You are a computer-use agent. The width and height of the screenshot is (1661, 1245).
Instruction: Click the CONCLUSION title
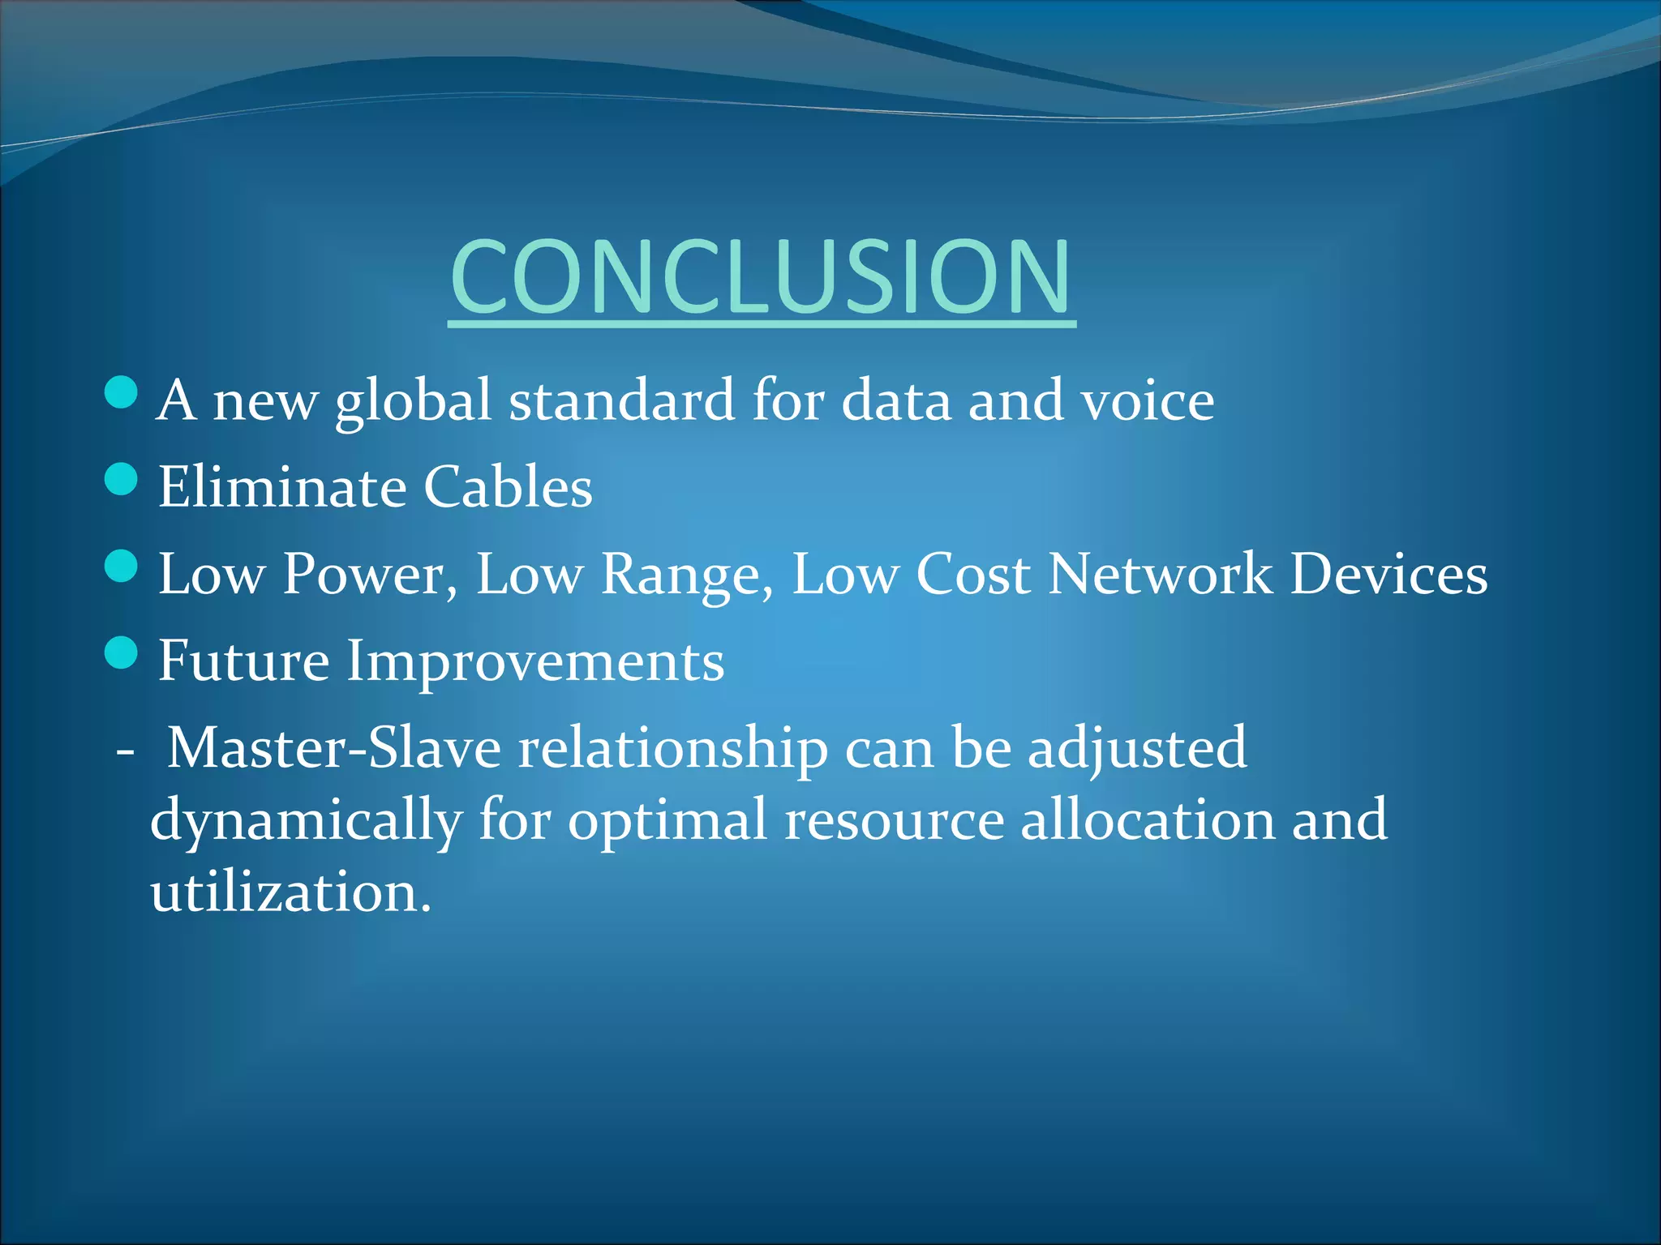tap(761, 277)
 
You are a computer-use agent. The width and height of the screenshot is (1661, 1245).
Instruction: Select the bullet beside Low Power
tap(122, 566)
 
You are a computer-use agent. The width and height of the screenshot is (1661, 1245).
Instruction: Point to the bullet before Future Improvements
tap(122, 652)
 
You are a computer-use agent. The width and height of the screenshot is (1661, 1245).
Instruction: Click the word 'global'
tap(414, 401)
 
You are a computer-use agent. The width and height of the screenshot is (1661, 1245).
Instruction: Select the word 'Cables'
tap(508, 487)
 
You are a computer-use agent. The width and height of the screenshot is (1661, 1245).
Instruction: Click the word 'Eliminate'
tap(281, 487)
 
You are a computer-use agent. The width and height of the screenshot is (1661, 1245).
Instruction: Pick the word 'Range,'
tap(686, 575)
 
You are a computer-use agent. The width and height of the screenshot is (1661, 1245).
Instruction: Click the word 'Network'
tap(1160, 575)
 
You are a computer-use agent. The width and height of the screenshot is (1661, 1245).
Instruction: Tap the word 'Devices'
tap(1388, 575)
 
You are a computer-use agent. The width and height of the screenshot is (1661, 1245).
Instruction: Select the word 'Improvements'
tap(535, 661)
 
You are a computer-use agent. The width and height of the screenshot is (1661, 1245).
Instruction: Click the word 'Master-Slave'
tap(333, 747)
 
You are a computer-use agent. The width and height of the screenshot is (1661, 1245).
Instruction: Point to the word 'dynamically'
tap(306, 820)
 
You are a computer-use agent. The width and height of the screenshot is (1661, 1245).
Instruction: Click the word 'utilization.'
tap(290, 892)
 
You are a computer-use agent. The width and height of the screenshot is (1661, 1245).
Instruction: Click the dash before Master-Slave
tap(125, 751)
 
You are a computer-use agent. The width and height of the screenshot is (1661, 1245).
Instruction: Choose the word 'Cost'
tap(973, 575)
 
